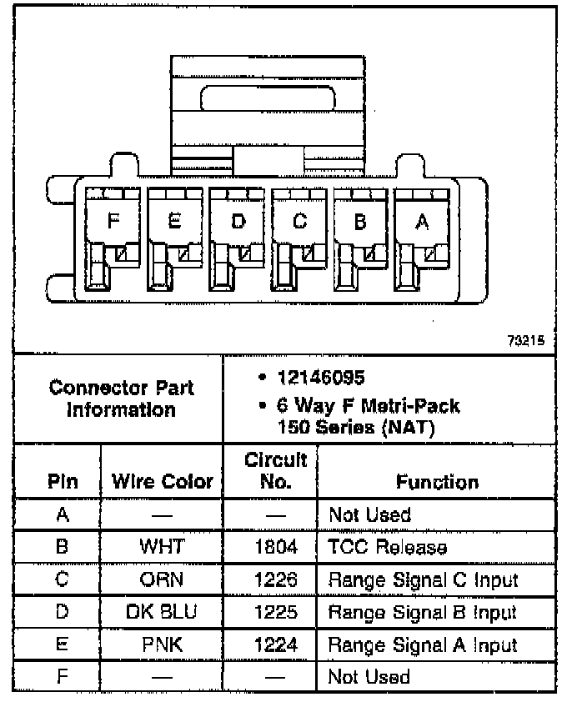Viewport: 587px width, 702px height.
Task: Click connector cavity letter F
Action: pyautogui.click(x=113, y=221)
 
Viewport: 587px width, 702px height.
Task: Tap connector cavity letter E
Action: pyautogui.click(x=174, y=221)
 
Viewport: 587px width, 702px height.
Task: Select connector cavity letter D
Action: pyautogui.click(x=238, y=222)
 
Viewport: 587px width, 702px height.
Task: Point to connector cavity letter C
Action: pyautogui.click(x=299, y=222)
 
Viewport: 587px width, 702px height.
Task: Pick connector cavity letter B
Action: pyautogui.click(x=361, y=222)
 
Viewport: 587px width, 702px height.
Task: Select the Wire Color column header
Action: pyautogui.click(x=162, y=482)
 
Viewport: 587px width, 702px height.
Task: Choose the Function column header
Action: pyautogui.click(x=437, y=482)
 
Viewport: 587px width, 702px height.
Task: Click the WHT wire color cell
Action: pyautogui.click(x=162, y=547)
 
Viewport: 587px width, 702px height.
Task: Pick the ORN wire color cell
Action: pyautogui.click(x=162, y=579)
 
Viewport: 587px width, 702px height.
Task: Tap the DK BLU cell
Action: pyautogui.click(x=162, y=612)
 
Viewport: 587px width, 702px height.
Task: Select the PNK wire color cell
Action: pyautogui.click(x=162, y=644)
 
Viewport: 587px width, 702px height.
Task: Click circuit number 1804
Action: pyautogui.click(x=270, y=547)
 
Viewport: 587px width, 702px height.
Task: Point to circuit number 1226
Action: pyautogui.click(x=270, y=579)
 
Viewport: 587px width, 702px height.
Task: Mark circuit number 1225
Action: pyautogui.click(x=270, y=612)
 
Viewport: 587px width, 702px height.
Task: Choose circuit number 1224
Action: pyautogui.click(x=270, y=644)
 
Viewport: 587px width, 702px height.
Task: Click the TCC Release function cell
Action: pyautogui.click(x=388, y=547)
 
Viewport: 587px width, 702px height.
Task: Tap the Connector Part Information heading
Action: pyautogui.click(x=121, y=399)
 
